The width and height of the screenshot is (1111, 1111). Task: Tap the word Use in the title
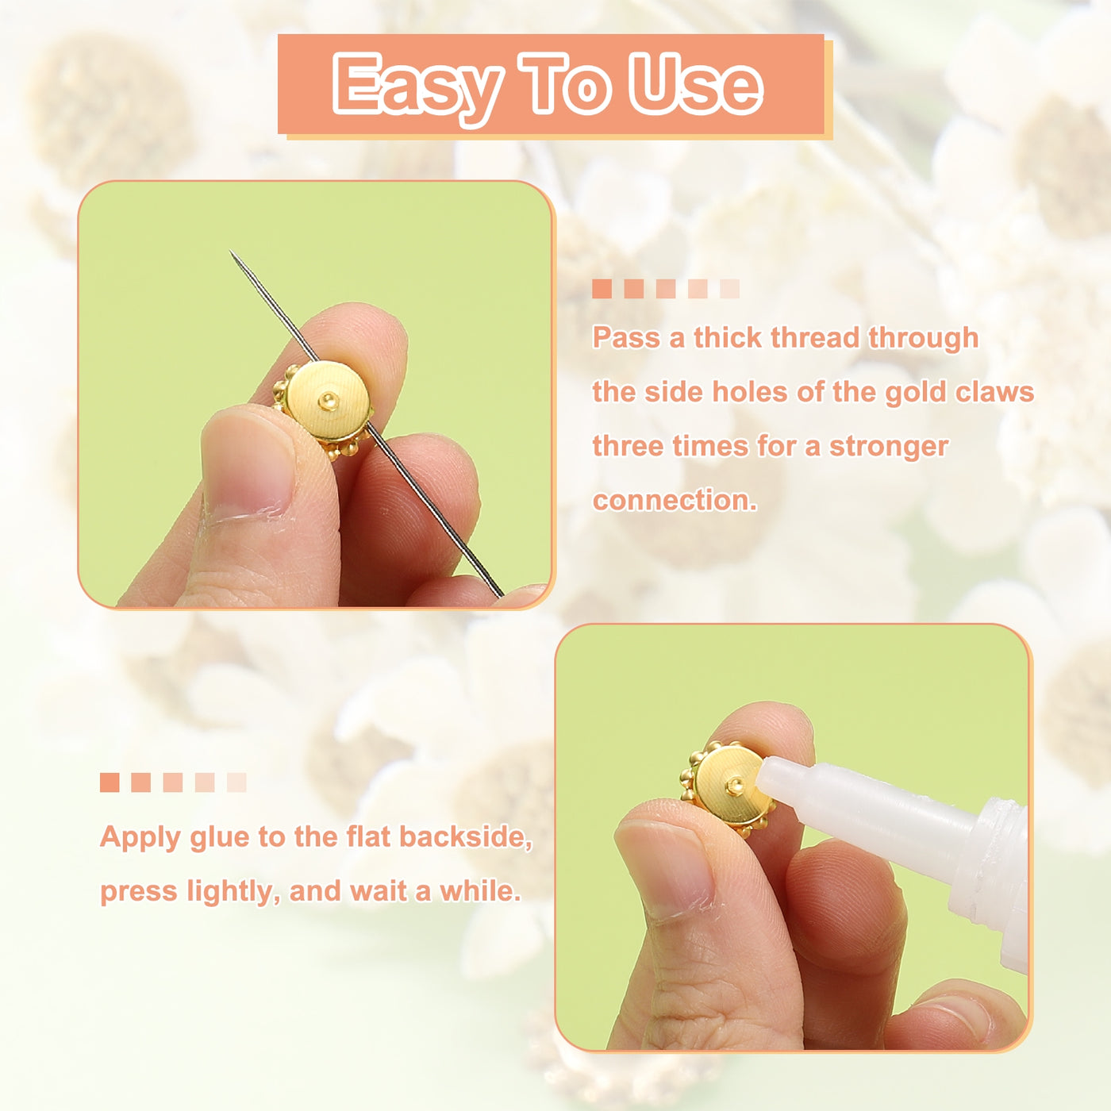(x=696, y=83)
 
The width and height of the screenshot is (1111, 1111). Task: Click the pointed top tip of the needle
(x=231, y=252)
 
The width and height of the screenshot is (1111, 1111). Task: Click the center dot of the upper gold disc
(x=329, y=400)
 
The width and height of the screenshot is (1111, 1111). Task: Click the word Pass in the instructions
(x=627, y=337)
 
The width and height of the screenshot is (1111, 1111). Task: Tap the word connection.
(x=675, y=501)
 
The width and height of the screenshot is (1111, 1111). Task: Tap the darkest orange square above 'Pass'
(x=602, y=289)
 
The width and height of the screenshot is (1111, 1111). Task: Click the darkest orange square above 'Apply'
(x=110, y=782)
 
